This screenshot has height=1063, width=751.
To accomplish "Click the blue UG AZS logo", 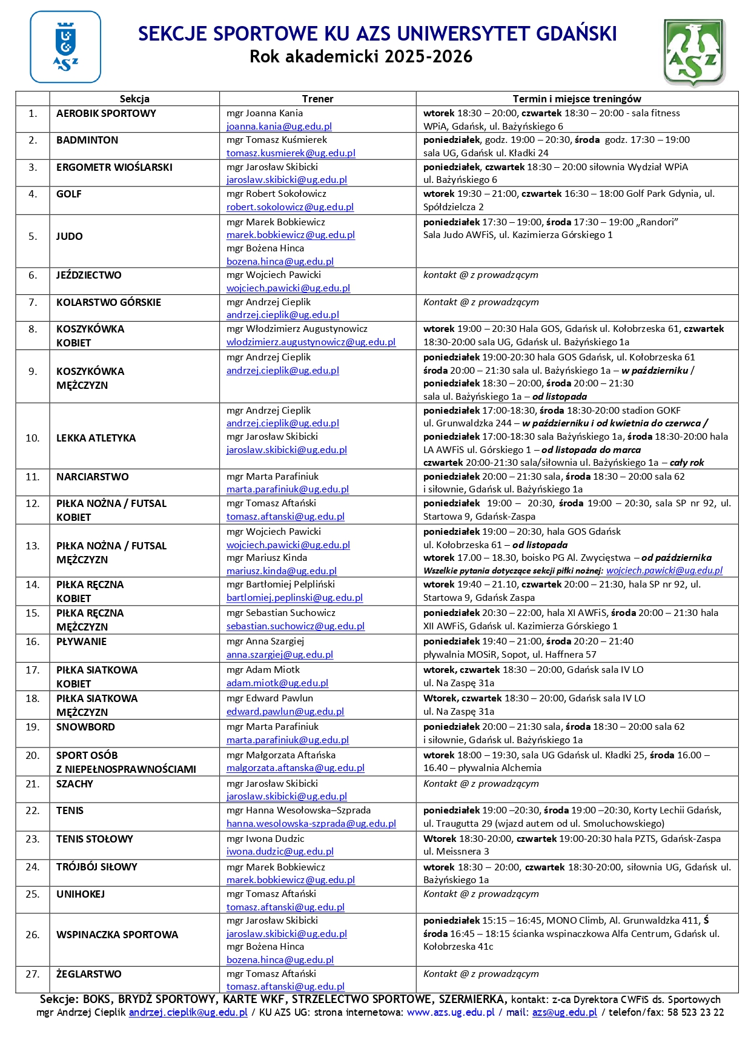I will (65, 47).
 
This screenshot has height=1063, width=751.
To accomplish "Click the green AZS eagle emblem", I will (694, 52).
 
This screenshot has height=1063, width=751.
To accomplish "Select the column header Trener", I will (317, 99).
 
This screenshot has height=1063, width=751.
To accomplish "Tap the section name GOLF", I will (69, 194).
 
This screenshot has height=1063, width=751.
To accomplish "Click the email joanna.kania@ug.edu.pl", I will (279, 127).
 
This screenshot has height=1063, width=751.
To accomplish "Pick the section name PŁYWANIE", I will (81, 641).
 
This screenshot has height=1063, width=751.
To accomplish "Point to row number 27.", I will (33, 974).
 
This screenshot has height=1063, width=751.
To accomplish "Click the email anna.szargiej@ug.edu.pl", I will (280, 655).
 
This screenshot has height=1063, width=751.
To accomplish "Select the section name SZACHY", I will (74, 784).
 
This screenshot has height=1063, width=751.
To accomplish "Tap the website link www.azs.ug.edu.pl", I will (451, 1012).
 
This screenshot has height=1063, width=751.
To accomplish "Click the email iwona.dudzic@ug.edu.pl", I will (280, 852).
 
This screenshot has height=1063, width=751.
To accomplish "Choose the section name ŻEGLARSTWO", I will (88, 974).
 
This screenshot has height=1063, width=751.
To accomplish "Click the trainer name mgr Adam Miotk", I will (263, 670).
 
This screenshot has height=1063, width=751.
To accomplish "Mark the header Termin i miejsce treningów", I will (577, 99).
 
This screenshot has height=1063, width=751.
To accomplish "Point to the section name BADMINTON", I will (87, 140).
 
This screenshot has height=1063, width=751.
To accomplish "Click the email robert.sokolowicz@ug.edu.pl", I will (290, 207).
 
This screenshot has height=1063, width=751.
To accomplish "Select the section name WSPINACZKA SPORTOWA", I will (117, 935).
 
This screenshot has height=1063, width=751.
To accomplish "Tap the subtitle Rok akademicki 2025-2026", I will (361, 57).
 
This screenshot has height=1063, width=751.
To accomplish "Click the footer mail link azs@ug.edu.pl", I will (564, 1012).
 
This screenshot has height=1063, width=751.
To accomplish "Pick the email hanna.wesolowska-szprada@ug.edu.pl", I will (311, 824).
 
